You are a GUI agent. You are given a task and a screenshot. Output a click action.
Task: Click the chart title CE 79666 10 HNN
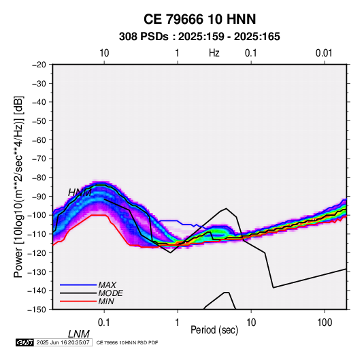pos(199,19)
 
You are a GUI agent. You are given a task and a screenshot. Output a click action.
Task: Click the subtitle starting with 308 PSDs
pos(199,37)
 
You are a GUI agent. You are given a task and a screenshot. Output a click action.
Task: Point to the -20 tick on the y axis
pos(39,65)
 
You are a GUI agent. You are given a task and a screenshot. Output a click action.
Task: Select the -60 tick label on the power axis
pos(39,140)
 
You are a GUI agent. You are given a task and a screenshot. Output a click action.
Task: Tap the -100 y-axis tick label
pos(37,215)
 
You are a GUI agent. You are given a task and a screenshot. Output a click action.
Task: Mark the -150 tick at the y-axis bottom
pos(37,310)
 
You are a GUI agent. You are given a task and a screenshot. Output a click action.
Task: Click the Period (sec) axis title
pos(214,330)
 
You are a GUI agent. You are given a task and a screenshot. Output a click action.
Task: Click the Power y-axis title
pos(18,187)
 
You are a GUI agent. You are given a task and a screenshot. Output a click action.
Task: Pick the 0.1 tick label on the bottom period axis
pos(103,323)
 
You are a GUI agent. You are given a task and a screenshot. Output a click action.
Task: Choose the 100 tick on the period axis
pos(325,323)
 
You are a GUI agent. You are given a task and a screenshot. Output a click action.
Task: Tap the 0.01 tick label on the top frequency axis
pos(324,53)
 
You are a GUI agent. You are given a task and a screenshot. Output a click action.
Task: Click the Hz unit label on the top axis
pos(214,53)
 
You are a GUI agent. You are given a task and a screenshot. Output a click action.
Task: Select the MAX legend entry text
pos(107,284)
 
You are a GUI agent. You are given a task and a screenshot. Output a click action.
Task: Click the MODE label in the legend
pos(110,293)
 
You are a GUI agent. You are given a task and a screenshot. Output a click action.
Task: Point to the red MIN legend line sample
pos(78,301)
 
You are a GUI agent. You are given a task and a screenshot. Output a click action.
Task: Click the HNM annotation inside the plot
pos(80,193)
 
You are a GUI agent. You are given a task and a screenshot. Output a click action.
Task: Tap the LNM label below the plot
pos(79,334)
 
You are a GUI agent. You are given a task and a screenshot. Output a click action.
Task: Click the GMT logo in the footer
pos(25,342)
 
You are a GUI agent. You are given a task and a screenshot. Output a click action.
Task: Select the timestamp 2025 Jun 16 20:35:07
pos(63,342)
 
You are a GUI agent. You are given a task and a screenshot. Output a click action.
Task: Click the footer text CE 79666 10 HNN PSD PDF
pos(127,342)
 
